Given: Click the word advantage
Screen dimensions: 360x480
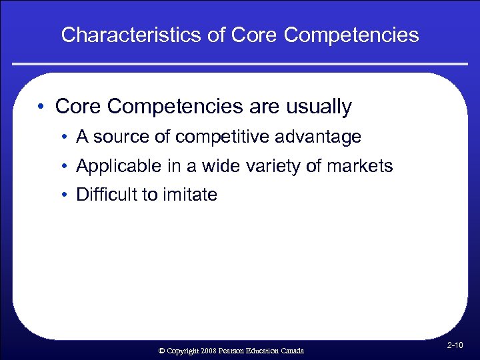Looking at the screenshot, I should [x=322, y=137].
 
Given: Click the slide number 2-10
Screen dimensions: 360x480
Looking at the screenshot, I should [x=457, y=345].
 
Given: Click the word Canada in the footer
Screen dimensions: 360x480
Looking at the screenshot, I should [x=292, y=351].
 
